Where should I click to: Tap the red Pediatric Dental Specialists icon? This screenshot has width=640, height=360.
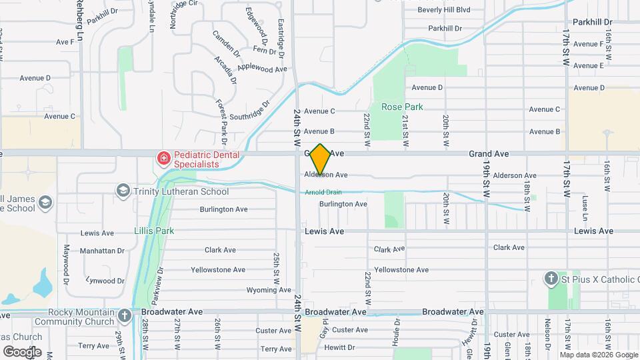click(162, 159)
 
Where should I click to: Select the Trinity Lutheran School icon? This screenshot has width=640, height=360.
click(123, 191)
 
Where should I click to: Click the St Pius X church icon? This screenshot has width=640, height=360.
click(551, 279)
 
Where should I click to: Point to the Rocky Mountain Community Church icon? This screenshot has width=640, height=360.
click(125, 315)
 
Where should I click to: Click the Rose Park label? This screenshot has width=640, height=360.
click(402, 107)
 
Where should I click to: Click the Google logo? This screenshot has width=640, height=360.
click(22, 351)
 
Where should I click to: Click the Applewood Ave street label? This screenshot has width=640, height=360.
click(262, 68)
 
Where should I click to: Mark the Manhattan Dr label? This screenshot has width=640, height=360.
click(102, 251)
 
